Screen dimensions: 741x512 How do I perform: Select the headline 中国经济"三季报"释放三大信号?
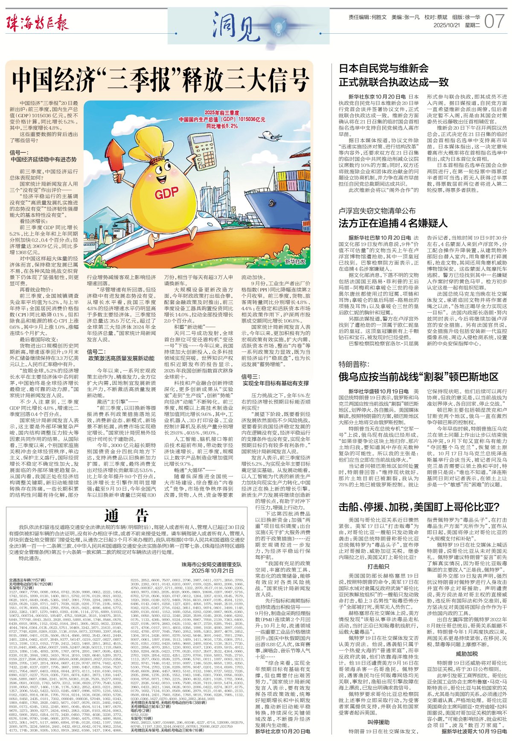tap(160, 79)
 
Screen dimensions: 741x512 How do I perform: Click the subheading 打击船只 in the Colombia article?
tap(378, 566)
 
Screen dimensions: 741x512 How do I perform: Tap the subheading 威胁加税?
tap(467, 653)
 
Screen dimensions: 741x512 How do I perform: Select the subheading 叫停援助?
tap(378, 721)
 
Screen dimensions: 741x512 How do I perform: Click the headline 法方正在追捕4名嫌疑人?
tap(393, 223)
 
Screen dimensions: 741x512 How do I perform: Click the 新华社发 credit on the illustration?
tap(295, 261)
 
